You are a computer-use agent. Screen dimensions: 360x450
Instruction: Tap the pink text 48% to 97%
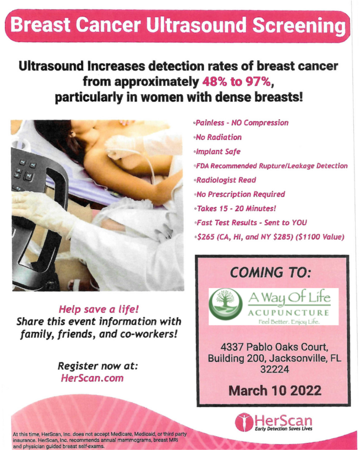pos(236,82)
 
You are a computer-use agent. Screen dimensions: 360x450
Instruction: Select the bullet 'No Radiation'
pos(217,137)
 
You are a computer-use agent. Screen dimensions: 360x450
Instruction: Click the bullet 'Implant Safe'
pos(217,151)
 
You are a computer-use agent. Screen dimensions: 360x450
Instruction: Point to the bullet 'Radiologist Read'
pos(225,180)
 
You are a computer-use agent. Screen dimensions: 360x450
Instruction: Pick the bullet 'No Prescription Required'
pos(239,194)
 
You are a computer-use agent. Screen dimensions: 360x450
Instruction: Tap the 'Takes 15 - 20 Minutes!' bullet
pos(235,208)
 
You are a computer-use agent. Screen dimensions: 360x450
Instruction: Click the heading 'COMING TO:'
pos(270,272)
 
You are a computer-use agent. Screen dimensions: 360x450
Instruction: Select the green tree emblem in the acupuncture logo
pos(226,304)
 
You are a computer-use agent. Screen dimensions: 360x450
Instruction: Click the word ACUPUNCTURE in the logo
pos(288,312)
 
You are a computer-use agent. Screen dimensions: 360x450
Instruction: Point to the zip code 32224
pos(275,369)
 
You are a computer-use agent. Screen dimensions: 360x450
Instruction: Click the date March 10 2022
pos(275,391)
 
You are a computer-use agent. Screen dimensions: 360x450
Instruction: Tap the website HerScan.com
pos(92,378)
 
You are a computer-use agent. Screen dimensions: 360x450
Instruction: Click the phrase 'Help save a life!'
pos(99,309)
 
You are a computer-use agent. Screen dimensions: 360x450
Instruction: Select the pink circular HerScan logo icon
pos(244,422)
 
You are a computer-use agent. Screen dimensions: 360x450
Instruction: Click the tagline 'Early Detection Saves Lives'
pos(283,429)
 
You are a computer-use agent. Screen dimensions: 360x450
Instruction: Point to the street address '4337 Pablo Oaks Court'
pos(274,347)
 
